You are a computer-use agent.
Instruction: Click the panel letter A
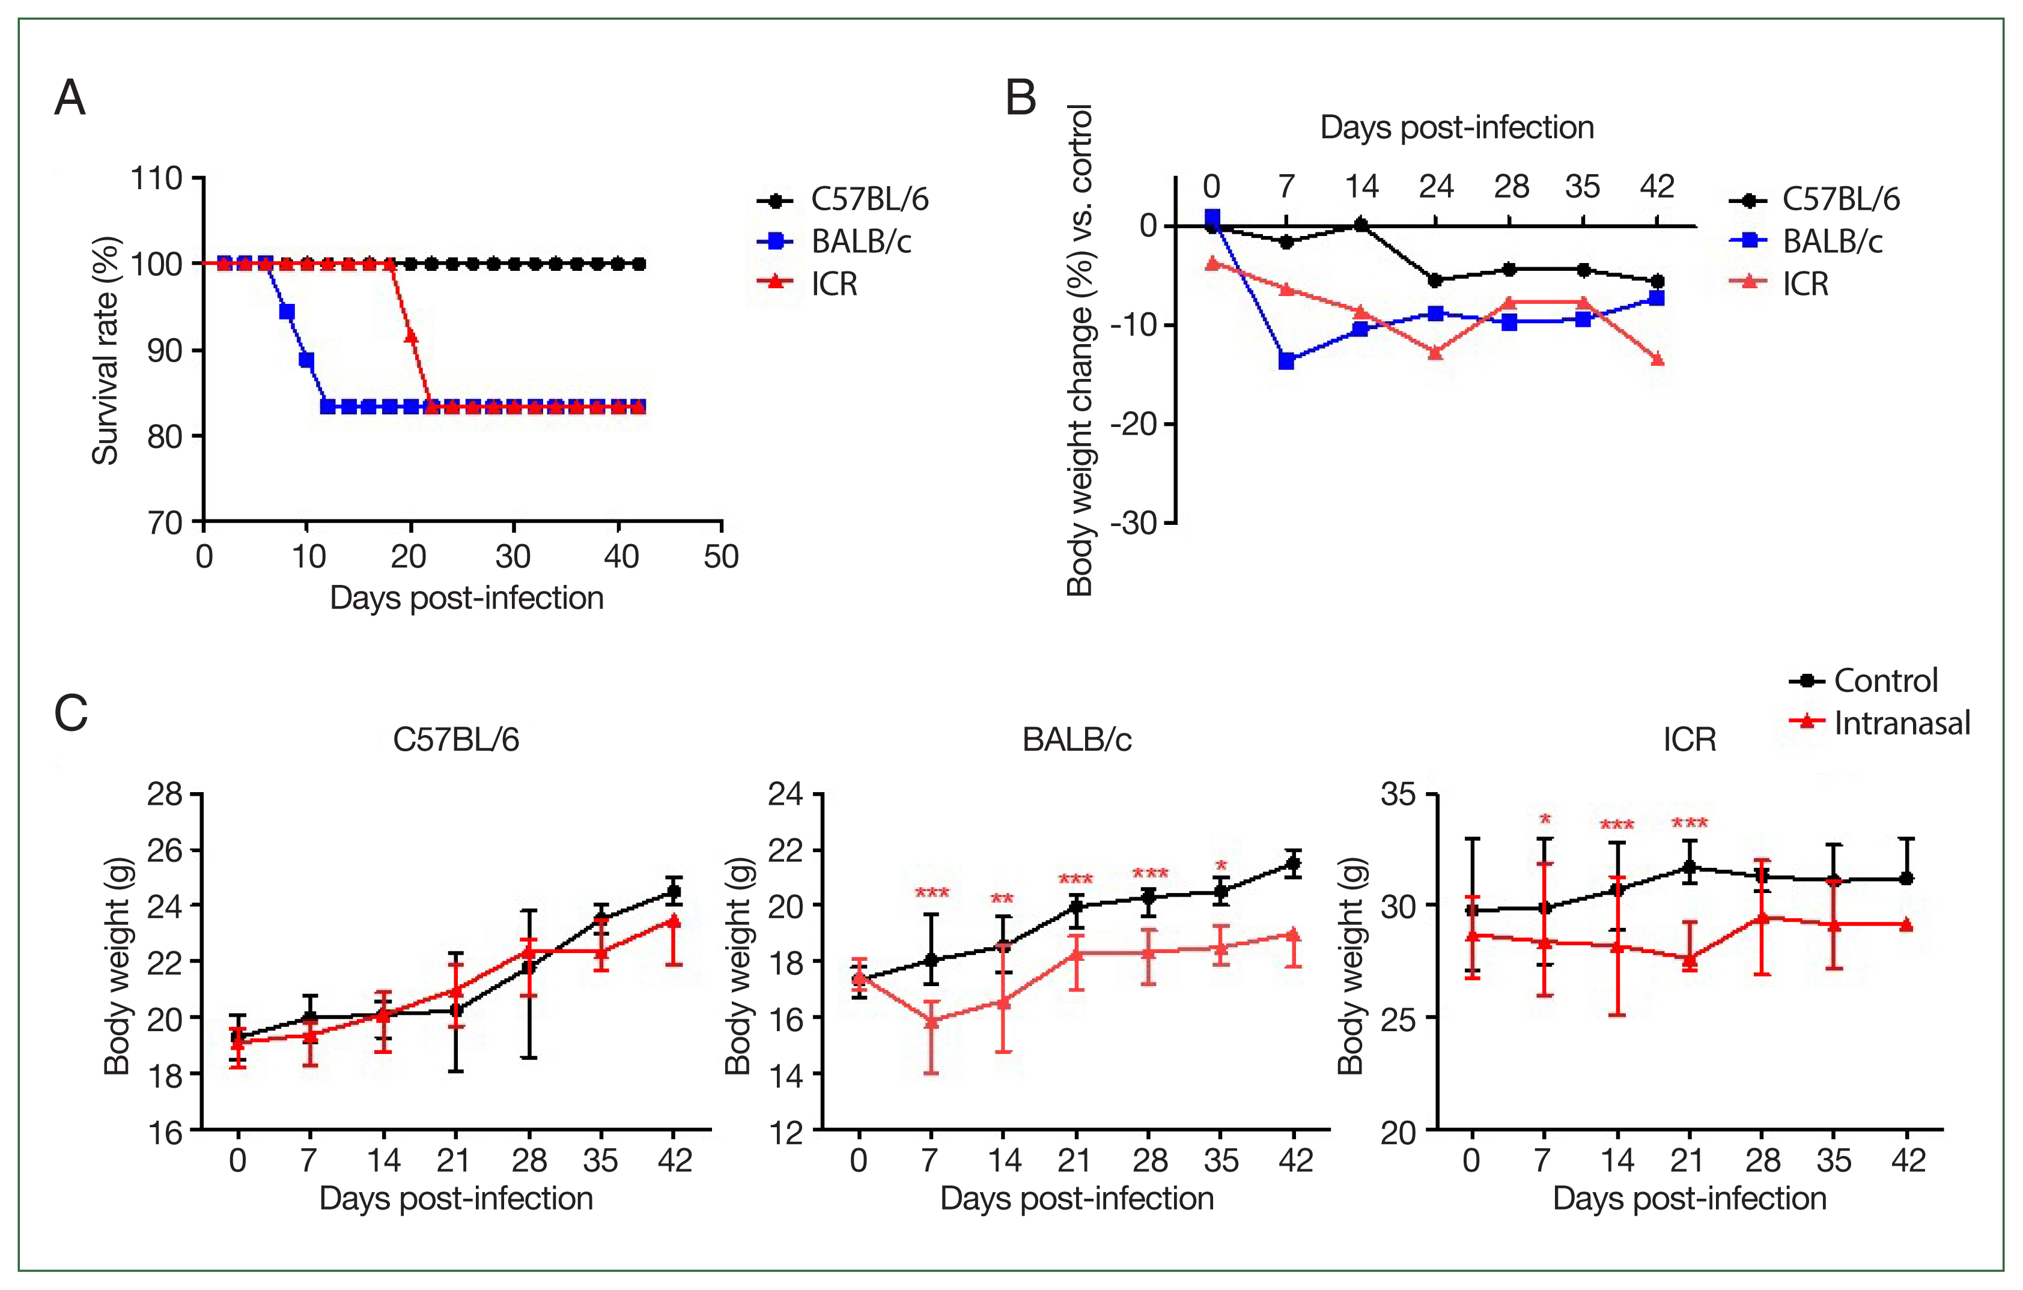tap(70, 98)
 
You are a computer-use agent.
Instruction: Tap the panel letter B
tap(1021, 98)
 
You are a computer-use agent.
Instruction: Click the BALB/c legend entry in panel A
tap(860, 242)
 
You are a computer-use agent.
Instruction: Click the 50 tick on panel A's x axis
tap(721, 557)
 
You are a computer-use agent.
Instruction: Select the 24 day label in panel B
tap(1436, 186)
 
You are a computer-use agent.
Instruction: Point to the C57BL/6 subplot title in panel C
tap(456, 740)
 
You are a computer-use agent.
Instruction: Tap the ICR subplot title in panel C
tap(1690, 740)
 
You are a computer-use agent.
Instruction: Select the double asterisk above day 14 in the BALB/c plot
tap(1002, 900)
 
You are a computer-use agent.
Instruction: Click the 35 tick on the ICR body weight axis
tap(1398, 795)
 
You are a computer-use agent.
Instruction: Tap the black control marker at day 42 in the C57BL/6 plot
tap(673, 891)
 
